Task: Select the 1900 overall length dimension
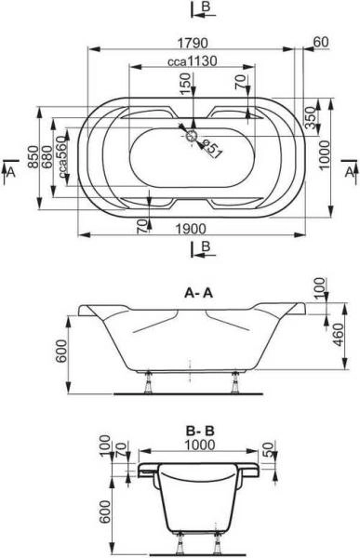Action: (193, 229)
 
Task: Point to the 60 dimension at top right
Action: (321, 42)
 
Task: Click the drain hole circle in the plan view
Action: (193, 136)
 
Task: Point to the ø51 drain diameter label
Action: (210, 148)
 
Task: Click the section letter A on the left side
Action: (10, 173)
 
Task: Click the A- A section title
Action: (201, 290)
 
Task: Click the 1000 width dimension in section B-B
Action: (195, 445)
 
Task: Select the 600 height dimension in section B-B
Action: (105, 510)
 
